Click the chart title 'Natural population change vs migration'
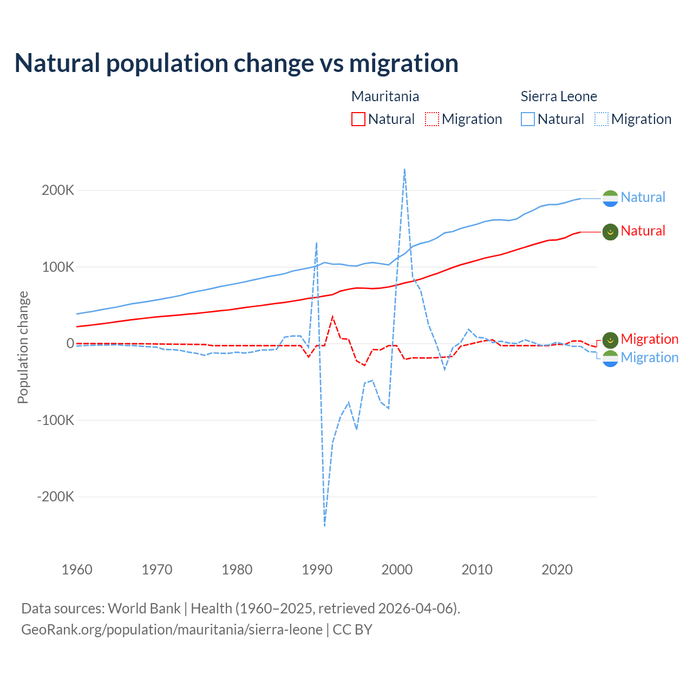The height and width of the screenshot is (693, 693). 236,63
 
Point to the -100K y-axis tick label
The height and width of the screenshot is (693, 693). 55,420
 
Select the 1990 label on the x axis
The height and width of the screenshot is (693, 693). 317,570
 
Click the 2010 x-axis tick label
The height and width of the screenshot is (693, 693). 477,570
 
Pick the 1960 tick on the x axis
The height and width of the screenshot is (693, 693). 77,570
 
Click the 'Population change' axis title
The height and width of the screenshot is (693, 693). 23,347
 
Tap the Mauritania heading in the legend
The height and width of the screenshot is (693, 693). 385,96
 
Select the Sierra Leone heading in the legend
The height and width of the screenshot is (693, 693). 559,96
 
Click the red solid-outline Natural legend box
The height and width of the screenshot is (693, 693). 358,119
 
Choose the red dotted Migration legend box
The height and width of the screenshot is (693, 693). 432,119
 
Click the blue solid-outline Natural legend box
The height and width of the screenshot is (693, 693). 527,119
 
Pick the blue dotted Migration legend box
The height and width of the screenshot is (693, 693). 601,119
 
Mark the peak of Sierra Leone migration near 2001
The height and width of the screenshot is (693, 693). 404,169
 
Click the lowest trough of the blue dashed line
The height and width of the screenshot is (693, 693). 324,526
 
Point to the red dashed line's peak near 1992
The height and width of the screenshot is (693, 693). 332,317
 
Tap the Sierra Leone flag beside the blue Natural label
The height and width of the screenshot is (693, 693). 610,198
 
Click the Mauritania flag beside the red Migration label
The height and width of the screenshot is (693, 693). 610,340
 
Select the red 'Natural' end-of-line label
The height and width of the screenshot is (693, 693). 643,231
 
